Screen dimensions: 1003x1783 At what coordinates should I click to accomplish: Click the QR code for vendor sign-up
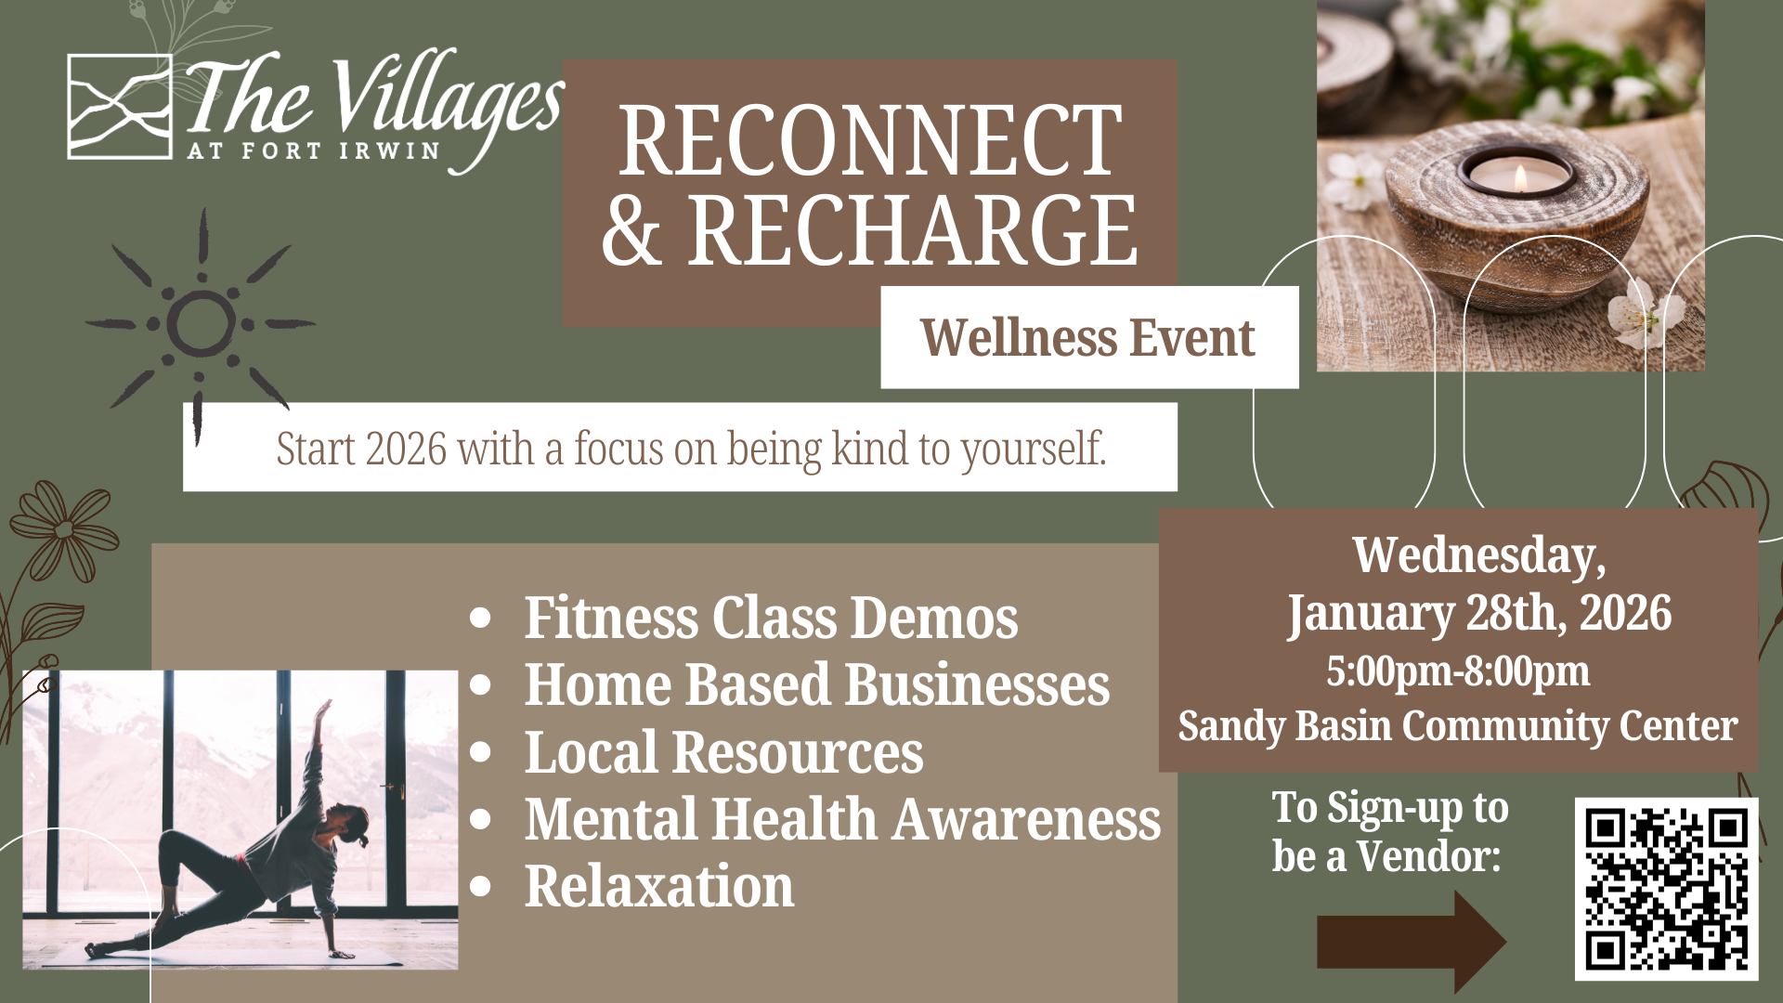[x=1666, y=889]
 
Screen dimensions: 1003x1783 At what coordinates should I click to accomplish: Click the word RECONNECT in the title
[x=870, y=141]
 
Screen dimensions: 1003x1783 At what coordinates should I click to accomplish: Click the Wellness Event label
[x=1087, y=337]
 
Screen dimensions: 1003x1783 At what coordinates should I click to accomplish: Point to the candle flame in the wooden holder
[x=1519, y=176]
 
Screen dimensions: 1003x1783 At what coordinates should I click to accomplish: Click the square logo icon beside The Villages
[x=120, y=107]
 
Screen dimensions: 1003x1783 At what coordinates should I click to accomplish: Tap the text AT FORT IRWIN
[x=313, y=151]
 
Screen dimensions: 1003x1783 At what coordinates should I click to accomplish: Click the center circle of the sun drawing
[x=201, y=324]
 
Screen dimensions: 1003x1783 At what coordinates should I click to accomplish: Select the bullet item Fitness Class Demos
[x=770, y=619]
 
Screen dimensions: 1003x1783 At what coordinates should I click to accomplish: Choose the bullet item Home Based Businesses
[x=816, y=685]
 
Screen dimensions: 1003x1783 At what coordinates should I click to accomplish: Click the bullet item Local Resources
[x=723, y=752]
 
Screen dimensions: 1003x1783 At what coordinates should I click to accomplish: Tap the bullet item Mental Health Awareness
[x=841, y=820]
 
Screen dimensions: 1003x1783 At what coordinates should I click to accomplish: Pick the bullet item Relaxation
[x=658, y=887]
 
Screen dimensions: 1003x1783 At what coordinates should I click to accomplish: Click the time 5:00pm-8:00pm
[x=1457, y=671]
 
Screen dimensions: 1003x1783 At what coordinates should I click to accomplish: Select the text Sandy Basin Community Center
[x=1457, y=726]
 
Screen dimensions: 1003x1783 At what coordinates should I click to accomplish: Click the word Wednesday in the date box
[x=1477, y=555]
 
